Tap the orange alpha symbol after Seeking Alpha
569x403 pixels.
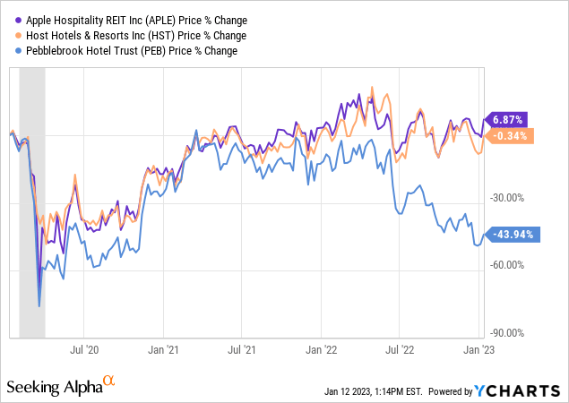coord(109,382)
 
